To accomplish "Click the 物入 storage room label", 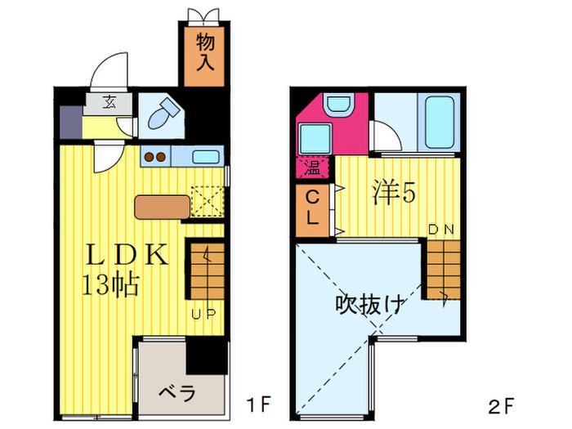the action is [205, 52].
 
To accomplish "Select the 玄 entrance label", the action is [109, 102].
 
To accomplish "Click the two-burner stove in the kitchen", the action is [155, 157].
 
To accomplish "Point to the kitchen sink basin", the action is [206, 157].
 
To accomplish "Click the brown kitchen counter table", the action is [163, 208].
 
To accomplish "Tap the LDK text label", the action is [127, 255].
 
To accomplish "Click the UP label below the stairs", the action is [204, 314].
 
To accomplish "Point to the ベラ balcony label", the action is [177, 393].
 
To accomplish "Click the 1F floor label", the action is [258, 404].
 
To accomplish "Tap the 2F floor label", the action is [501, 406].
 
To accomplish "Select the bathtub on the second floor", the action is [440, 122].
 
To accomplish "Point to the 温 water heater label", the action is [313, 168].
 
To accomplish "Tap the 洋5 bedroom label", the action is [394, 193].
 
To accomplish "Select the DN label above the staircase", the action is [440, 230].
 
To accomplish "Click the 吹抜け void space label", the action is [370, 304].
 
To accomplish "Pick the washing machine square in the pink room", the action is [315, 139].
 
